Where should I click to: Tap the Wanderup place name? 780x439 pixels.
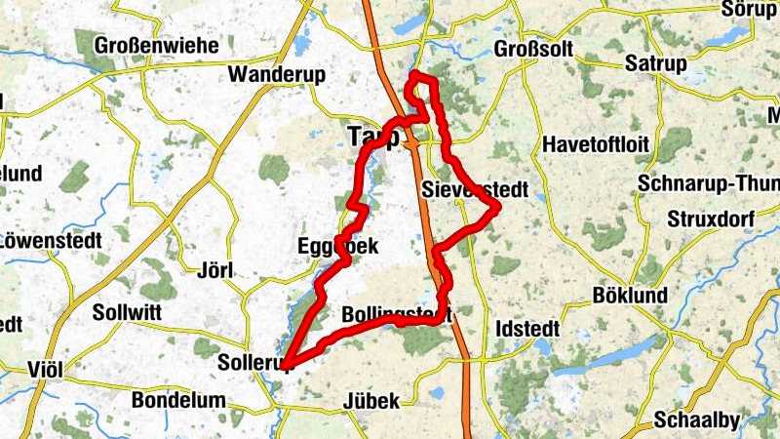tap(275, 75)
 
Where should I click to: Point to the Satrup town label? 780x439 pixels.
tap(655, 64)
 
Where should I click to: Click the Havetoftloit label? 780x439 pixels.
tap(595, 144)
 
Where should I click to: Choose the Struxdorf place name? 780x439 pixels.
tap(708, 218)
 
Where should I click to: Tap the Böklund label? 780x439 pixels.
tap(630, 296)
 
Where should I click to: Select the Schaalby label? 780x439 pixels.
tap(697, 420)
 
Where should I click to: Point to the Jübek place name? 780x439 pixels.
tap(371, 401)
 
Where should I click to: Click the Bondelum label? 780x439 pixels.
tap(178, 400)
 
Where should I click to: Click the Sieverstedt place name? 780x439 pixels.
tap(474, 189)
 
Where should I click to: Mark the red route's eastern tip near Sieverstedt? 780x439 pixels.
tap(497, 207)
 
